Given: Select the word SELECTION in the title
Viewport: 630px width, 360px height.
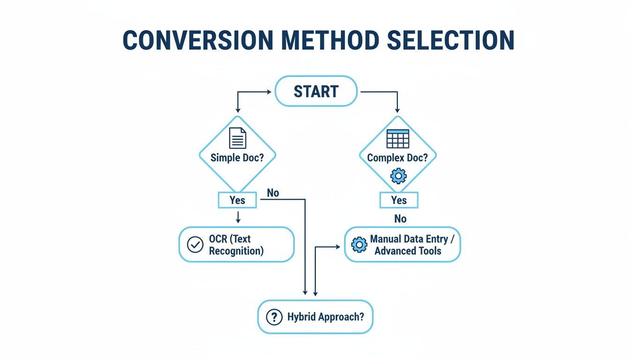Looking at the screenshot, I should point(451,40).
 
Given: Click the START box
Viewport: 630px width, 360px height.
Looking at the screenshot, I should point(315,91).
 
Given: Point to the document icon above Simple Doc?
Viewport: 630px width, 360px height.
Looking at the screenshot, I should point(237,138).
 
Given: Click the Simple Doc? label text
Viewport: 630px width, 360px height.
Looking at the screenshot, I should point(237,157).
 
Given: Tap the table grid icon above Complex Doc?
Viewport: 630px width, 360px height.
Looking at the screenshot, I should point(397,138).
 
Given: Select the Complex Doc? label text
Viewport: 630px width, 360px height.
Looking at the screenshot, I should point(397,157).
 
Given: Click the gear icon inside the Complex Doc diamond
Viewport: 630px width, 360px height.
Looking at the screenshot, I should point(398,176).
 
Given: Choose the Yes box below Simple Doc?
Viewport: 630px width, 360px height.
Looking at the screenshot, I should point(237,200).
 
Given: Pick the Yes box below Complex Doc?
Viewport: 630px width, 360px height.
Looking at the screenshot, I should point(398,200).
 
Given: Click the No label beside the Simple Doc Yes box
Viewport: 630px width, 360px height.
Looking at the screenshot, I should point(273,193).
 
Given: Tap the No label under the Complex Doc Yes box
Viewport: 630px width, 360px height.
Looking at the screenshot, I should point(400,219).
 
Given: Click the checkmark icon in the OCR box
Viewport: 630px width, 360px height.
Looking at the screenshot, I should point(195,245).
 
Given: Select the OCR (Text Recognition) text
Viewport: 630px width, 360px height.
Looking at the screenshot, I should point(236,245).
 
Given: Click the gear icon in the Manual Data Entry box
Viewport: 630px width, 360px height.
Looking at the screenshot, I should point(359,245).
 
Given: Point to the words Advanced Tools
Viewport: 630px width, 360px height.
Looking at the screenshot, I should point(408,251).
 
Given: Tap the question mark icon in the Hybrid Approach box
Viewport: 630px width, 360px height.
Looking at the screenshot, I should point(274,317).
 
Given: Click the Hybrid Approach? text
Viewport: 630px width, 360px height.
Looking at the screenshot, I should point(325,317).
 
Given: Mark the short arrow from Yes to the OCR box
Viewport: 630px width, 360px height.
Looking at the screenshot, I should point(238,217).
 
